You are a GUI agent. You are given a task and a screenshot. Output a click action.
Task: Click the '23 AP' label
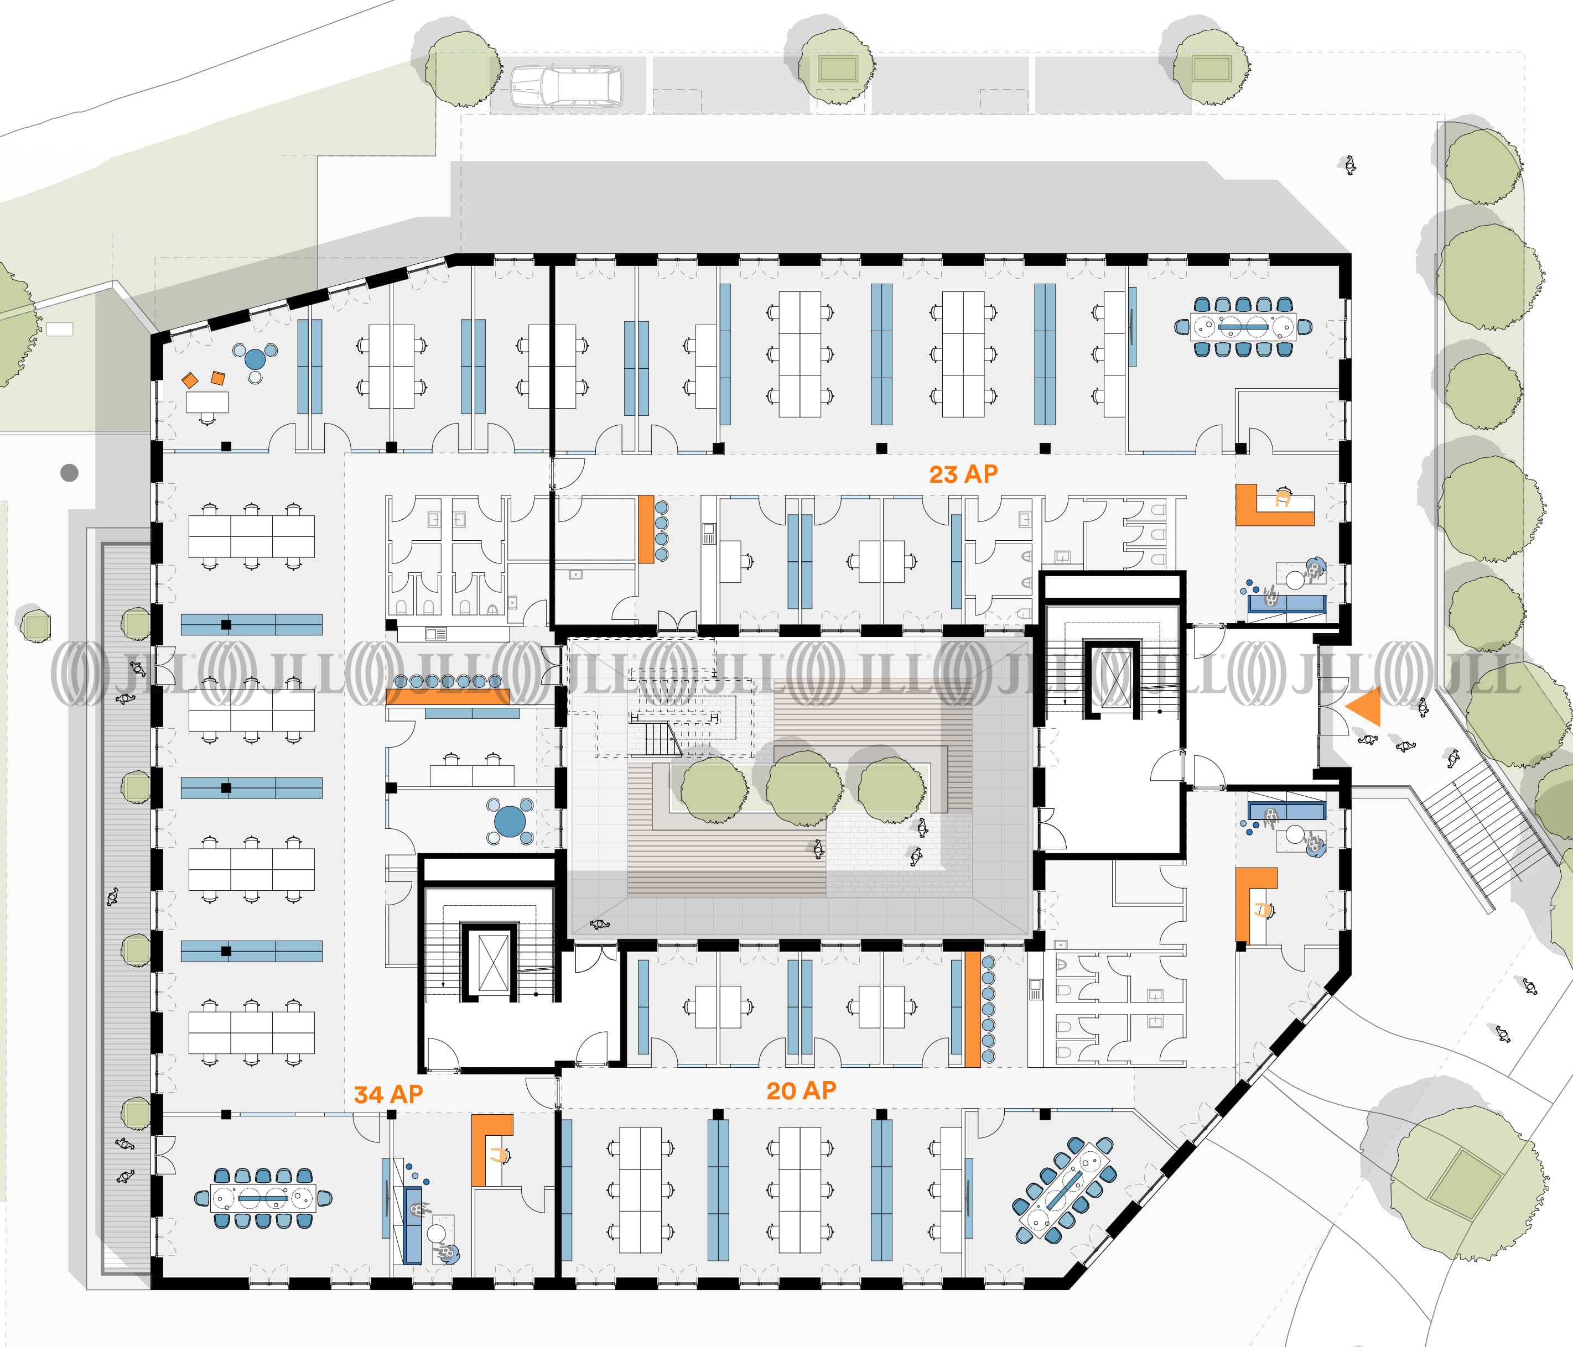pyautogui.click(x=963, y=474)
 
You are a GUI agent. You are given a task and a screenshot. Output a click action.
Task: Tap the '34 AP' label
pyautogui.click(x=388, y=1094)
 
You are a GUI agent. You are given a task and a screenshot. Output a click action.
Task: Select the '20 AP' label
pyautogui.click(x=801, y=1090)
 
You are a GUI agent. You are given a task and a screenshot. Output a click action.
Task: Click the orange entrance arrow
pyautogui.click(x=1364, y=707)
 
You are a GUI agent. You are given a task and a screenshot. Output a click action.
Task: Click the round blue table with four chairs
pyautogui.click(x=510, y=821)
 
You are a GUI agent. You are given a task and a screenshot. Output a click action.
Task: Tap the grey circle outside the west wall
pyautogui.click(x=69, y=473)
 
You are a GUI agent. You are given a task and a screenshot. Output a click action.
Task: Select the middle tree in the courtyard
pyautogui.click(x=803, y=787)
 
